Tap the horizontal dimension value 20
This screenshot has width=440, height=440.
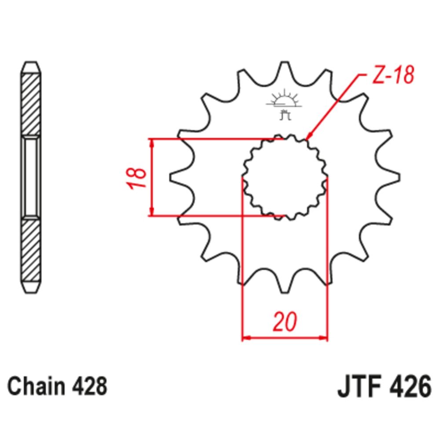285,322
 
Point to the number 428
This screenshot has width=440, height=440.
88,387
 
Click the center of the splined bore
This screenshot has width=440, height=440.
285,177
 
